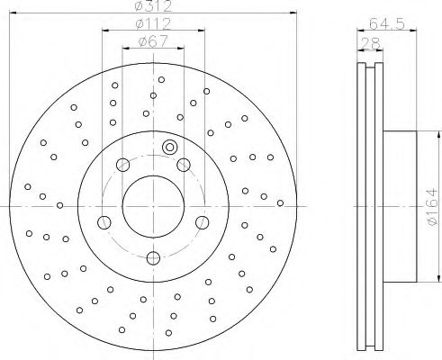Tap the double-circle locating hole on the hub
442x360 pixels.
(x=168, y=148)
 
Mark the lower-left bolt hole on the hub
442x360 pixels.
(x=104, y=221)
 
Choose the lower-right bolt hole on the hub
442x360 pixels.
(x=202, y=221)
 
